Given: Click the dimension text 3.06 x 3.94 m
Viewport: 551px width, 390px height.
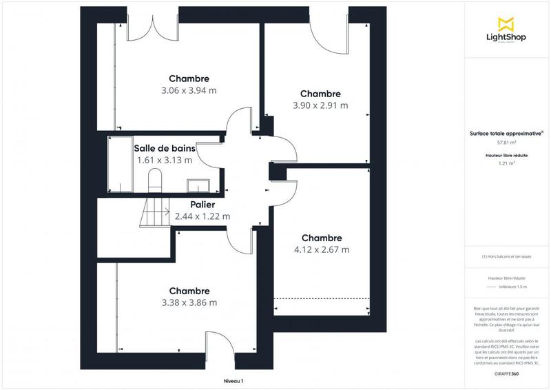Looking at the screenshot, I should [x=189, y=90].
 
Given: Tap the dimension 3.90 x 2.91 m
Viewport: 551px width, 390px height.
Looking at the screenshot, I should [x=320, y=105].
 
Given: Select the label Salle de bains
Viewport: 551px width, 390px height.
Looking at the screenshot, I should [x=165, y=148].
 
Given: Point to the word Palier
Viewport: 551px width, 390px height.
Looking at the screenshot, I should [x=203, y=205].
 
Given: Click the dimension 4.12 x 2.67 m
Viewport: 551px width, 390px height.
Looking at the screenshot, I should [x=321, y=249].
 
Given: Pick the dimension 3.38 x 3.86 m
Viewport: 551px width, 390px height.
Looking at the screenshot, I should [x=189, y=302].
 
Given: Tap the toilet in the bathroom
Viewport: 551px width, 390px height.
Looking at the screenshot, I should [x=154, y=181].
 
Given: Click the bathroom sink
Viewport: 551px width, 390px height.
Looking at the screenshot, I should [x=199, y=185].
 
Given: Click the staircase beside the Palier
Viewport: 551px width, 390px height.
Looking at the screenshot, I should [x=156, y=212].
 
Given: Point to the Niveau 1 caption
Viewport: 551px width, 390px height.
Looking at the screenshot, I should [x=233, y=381].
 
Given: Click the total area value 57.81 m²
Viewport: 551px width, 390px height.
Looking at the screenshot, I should [x=506, y=143].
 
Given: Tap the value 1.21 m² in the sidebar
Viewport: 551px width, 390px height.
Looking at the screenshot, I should [x=506, y=164].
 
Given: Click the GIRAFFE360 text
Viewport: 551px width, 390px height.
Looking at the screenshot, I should [x=506, y=373].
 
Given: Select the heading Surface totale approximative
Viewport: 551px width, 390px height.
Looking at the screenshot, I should [x=506, y=133].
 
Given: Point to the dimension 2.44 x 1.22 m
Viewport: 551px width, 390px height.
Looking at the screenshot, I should [x=202, y=216].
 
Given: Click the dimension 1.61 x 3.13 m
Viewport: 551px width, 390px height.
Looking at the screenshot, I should [x=165, y=160].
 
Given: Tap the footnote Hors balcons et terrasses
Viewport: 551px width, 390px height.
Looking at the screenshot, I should [x=506, y=257].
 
